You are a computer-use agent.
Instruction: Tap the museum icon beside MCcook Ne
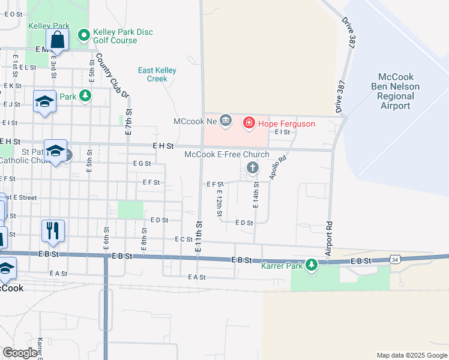click(x=226, y=121)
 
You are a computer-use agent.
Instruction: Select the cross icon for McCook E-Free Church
click(x=251, y=166)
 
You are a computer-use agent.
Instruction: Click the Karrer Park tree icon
click(x=311, y=264)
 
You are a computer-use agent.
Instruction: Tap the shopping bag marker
click(x=58, y=40)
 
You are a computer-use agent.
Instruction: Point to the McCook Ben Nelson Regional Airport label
click(x=396, y=91)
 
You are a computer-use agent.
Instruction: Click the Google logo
click(x=20, y=353)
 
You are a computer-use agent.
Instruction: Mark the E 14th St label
click(x=256, y=196)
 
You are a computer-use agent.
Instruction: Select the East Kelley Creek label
click(x=157, y=74)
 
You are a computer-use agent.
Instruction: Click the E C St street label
click(x=183, y=239)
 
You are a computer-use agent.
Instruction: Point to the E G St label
click(x=142, y=163)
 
